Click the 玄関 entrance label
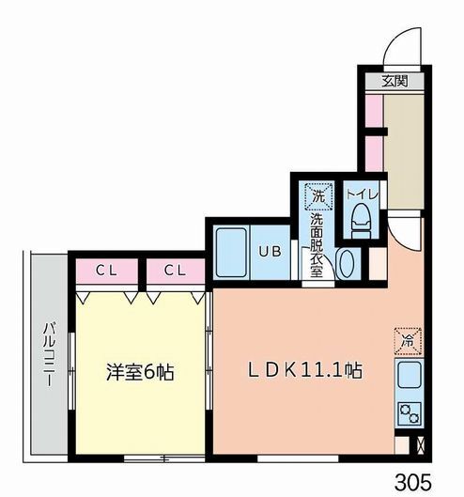(394, 81)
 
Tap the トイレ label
(362, 194)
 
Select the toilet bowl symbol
(361, 220)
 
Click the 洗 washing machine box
(318, 195)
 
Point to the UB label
(270, 252)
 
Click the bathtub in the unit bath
(231, 253)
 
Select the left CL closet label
(106, 271)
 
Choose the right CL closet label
(175, 271)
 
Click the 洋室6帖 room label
(140, 372)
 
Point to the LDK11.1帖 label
(304, 370)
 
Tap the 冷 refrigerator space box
(408, 341)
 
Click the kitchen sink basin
(409, 375)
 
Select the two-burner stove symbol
(410, 413)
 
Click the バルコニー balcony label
(49, 354)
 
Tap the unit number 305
(413, 482)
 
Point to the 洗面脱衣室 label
(317, 245)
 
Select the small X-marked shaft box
(421, 445)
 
